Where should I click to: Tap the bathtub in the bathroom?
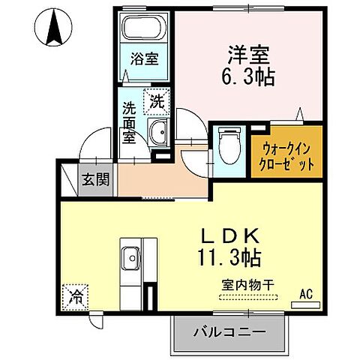144,29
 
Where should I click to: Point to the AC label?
306,293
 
